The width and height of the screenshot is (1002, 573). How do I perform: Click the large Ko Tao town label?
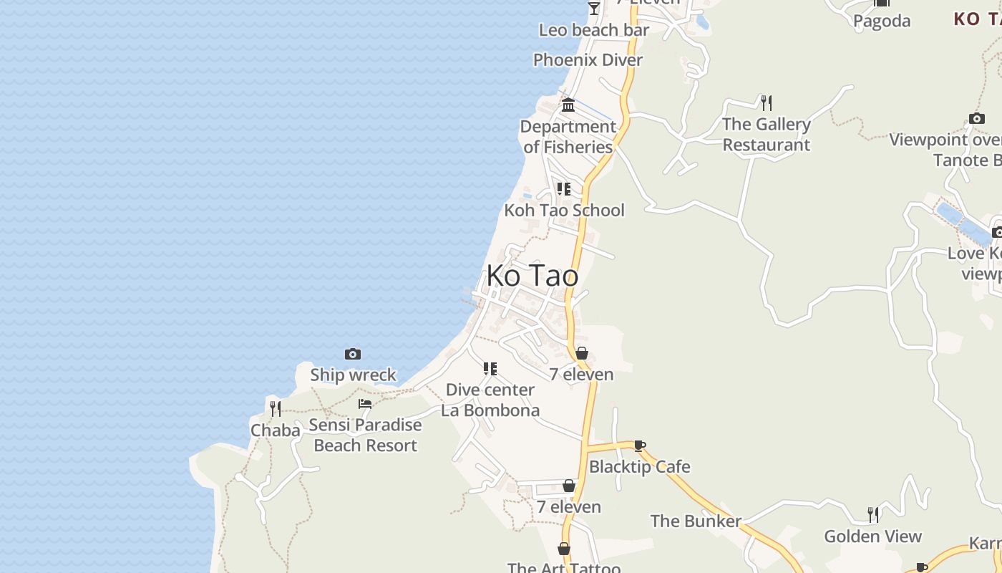pos(532,276)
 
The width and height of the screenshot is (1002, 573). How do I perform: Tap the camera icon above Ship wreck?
pos(352,354)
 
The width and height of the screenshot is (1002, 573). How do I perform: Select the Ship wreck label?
pos(353,375)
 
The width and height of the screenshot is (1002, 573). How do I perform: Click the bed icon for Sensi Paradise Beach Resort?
pos(365,404)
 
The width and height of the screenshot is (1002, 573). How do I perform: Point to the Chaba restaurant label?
pos(275,430)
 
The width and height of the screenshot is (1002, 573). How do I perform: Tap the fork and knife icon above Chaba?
pos(275,408)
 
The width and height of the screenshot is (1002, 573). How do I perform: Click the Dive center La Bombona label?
pos(490,400)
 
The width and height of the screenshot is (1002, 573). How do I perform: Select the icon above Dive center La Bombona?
pos(490,369)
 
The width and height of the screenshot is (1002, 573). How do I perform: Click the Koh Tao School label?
pos(564,211)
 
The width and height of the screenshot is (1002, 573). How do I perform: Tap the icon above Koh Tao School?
pos(564,189)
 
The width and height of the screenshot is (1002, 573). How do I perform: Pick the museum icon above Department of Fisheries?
pos(568,105)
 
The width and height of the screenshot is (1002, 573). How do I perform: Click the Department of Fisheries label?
pos(568,137)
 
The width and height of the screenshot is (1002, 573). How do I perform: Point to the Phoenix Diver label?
pos(588,60)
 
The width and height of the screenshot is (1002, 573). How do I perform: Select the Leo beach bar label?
pos(594,30)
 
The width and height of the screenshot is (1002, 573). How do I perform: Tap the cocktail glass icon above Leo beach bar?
pos(594,8)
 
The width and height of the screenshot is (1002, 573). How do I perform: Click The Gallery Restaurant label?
pos(766,135)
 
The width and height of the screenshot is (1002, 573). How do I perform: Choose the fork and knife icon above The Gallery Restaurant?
pos(766,102)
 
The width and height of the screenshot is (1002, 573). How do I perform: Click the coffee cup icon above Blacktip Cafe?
pos(640,446)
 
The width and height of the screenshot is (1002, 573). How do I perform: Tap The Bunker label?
pos(696,521)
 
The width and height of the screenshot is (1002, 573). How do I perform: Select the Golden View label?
pos(872,536)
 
